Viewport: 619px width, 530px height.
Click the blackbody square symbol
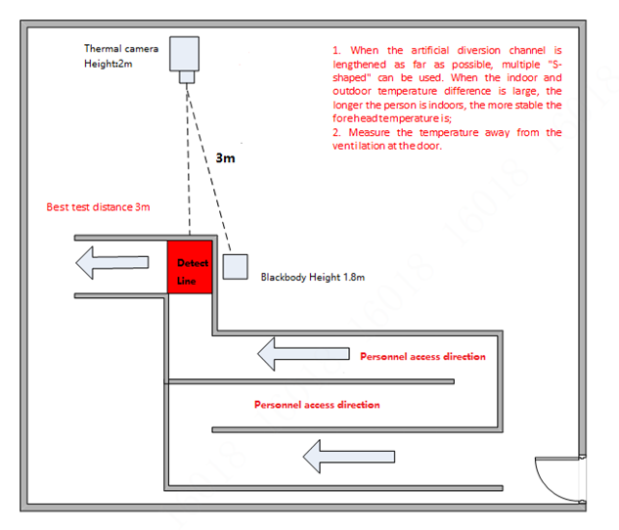tap(235, 267)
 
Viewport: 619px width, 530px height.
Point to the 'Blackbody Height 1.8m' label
tap(312, 278)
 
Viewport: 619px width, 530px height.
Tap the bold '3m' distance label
tap(226, 156)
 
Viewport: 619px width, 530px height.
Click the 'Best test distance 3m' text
tap(98, 207)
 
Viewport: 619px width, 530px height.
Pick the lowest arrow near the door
tap(349, 455)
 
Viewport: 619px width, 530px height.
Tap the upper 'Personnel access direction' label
tap(422, 357)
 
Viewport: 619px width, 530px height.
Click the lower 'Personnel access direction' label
tap(317, 404)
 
